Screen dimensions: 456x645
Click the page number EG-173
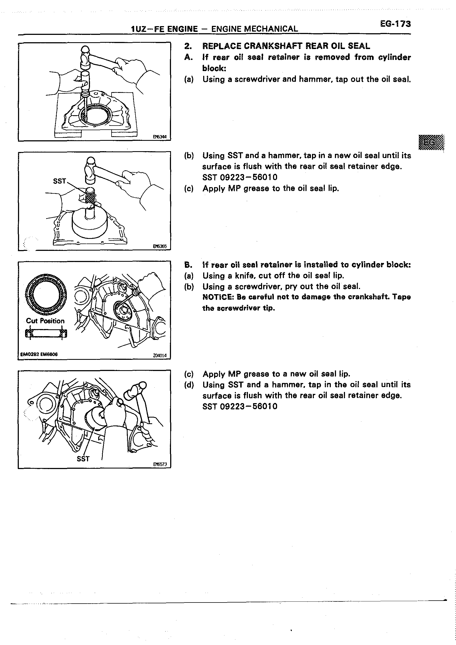click(x=395, y=24)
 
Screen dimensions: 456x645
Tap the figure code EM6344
click(x=160, y=137)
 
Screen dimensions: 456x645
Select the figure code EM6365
click(x=160, y=247)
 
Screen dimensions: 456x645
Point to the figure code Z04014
click(x=160, y=355)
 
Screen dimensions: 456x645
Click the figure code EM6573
click(x=160, y=464)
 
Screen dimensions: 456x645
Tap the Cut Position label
click(x=45, y=321)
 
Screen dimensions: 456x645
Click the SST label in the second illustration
click(x=59, y=181)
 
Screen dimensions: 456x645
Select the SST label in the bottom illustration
click(x=83, y=459)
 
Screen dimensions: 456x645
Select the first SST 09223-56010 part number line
click(x=240, y=177)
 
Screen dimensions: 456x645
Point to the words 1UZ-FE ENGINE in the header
click(x=164, y=29)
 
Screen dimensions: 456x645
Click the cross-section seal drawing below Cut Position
click(x=46, y=333)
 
